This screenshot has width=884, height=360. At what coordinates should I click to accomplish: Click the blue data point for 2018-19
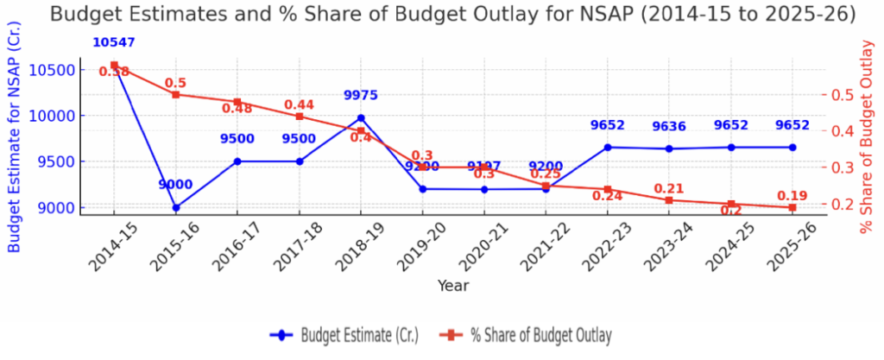coord(361,117)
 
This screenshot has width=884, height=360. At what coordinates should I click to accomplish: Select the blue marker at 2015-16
coord(176,207)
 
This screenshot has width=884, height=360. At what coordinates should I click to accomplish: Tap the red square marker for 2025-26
coord(792,207)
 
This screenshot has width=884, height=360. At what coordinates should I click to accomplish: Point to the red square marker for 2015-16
coord(176,94)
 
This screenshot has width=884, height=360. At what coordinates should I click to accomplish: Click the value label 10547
coord(114,42)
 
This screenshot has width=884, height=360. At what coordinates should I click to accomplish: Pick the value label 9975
coord(361,95)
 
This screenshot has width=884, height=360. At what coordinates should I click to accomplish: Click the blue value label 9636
coord(669,126)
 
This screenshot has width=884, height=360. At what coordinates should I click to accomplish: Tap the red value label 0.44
coord(300,104)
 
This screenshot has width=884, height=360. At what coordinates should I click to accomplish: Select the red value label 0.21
coord(669,188)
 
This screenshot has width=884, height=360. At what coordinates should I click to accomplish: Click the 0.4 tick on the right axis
coord(844,131)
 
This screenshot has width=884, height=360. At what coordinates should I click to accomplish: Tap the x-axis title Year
coord(452,285)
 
